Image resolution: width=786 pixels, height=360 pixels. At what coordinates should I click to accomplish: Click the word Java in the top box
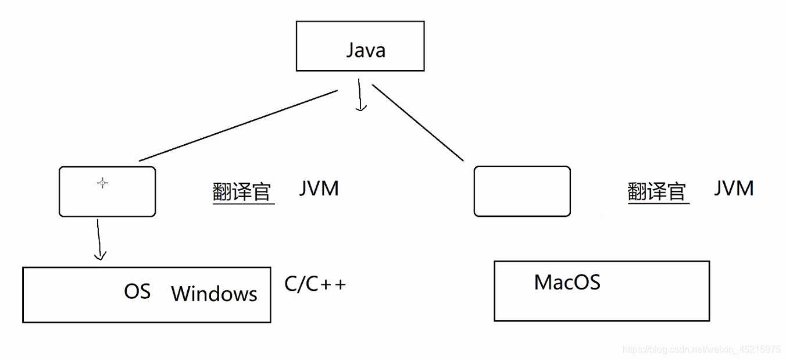[x=366, y=50]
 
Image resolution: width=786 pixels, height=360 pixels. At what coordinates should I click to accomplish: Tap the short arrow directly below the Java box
[x=360, y=95]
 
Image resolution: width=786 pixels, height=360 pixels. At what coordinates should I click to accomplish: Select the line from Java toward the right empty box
[x=417, y=122]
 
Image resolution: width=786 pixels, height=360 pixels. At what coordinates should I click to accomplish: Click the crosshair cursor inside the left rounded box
[x=102, y=183]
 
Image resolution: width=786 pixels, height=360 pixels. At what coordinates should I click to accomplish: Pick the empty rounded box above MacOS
[x=522, y=191]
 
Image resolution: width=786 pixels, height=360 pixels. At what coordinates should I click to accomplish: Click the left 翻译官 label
[x=242, y=191]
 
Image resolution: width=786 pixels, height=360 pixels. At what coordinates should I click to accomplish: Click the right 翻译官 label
[x=657, y=191]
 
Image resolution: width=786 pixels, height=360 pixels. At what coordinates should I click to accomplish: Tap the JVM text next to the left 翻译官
[x=319, y=189]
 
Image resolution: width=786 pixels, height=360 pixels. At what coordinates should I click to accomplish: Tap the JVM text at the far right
[x=734, y=188]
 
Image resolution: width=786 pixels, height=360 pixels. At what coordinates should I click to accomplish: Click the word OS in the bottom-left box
[x=137, y=291]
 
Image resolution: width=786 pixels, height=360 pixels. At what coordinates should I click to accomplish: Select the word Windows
[x=214, y=294]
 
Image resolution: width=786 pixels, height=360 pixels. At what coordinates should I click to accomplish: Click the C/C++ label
[x=315, y=284]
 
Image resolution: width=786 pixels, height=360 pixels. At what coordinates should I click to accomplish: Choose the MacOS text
[x=567, y=283]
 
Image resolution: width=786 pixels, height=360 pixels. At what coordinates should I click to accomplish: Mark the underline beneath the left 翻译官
[x=244, y=203]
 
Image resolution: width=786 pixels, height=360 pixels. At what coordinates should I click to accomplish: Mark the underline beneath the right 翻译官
[x=658, y=203]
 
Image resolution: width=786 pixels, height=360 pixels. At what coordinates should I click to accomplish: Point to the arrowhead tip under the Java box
[x=362, y=109]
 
